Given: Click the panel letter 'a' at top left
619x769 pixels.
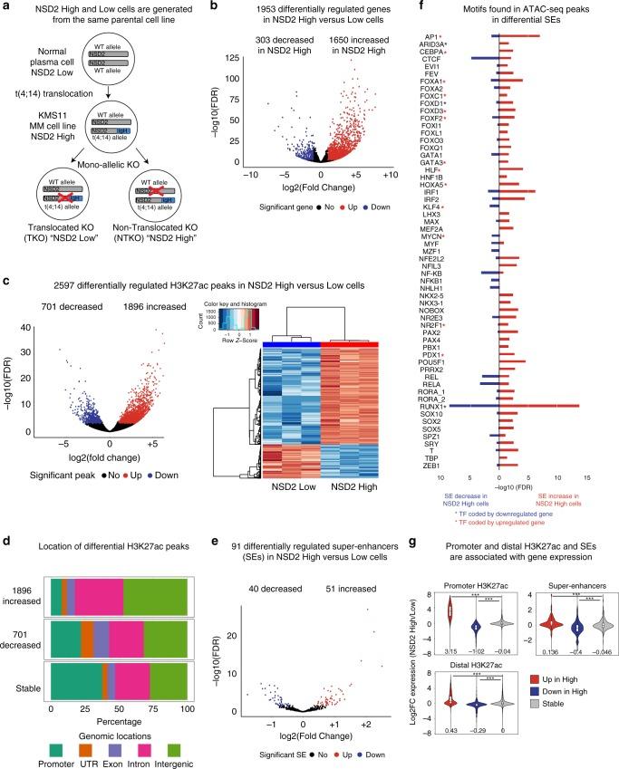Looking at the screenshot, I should click(6, 7).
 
